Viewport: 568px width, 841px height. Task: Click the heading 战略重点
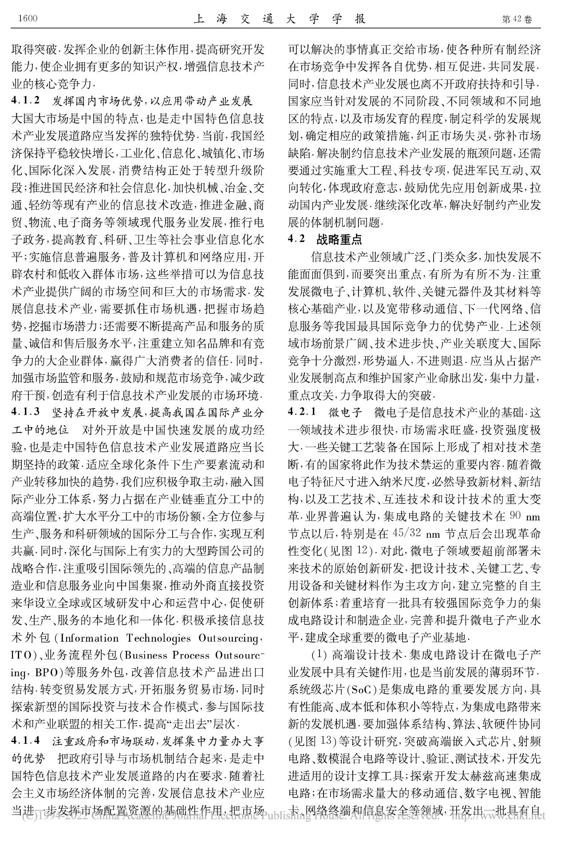tap(339, 239)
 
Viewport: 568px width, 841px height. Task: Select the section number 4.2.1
tap(302, 411)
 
